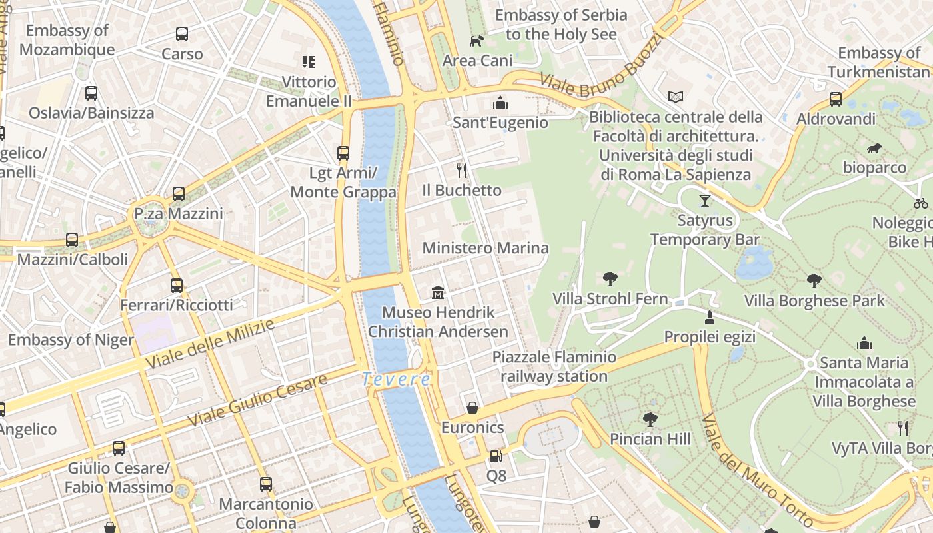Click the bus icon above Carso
pos(181,33)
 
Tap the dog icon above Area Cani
pos(476,41)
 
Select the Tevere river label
pos(396,379)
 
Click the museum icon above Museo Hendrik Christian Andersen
pos(438,292)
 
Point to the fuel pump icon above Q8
pos(496,456)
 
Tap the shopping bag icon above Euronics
pos(472,407)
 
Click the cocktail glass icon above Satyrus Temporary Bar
pos(705,199)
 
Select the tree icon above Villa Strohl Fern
pos(610,278)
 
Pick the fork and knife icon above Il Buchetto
pos(461,171)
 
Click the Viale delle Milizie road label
pos(211,344)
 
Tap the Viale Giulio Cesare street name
pos(257,400)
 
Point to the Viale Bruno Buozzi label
pos(603,63)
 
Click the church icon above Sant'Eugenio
pos(500,102)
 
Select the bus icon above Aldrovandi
pos(836,99)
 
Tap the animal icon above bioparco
pos(874,147)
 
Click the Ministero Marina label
pos(486,248)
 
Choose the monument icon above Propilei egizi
pos(710,316)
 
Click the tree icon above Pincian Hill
pos(650,419)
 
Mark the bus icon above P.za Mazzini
pos(179,194)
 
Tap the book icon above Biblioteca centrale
pos(676,97)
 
